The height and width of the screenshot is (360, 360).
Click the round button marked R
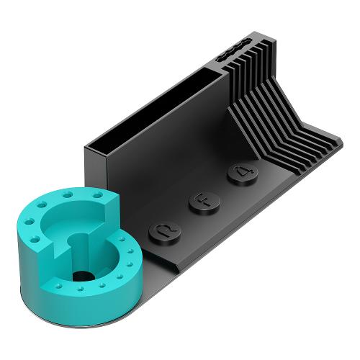click(165, 233)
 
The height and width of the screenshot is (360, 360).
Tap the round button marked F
click(204, 203)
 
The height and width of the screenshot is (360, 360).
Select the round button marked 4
click(243, 174)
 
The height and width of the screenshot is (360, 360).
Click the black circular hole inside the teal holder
click(84, 276)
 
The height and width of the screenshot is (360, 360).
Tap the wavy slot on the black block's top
click(233, 50)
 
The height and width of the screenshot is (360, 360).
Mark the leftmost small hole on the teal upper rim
click(30, 222)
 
